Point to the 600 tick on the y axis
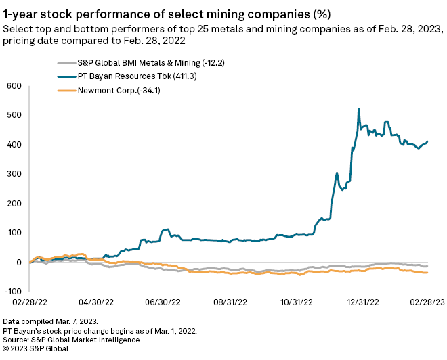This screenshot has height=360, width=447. (x=14, y=86)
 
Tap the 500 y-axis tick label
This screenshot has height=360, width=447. (x=14, y=115)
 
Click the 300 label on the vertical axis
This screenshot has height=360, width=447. (x=14, y=174)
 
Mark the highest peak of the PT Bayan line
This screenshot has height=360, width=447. (x=358, y=108)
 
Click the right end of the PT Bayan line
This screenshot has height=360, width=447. (x=428, y=141)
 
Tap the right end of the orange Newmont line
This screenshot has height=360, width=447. (x=428, y=273)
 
